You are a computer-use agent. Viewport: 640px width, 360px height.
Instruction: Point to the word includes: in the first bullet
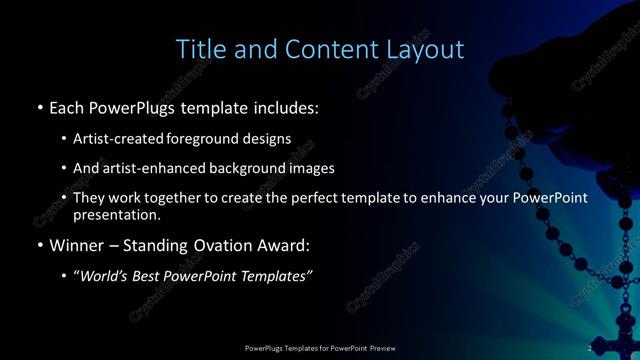(x=286, y=106)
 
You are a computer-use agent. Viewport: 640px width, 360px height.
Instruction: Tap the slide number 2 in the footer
(x=590, y=348)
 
